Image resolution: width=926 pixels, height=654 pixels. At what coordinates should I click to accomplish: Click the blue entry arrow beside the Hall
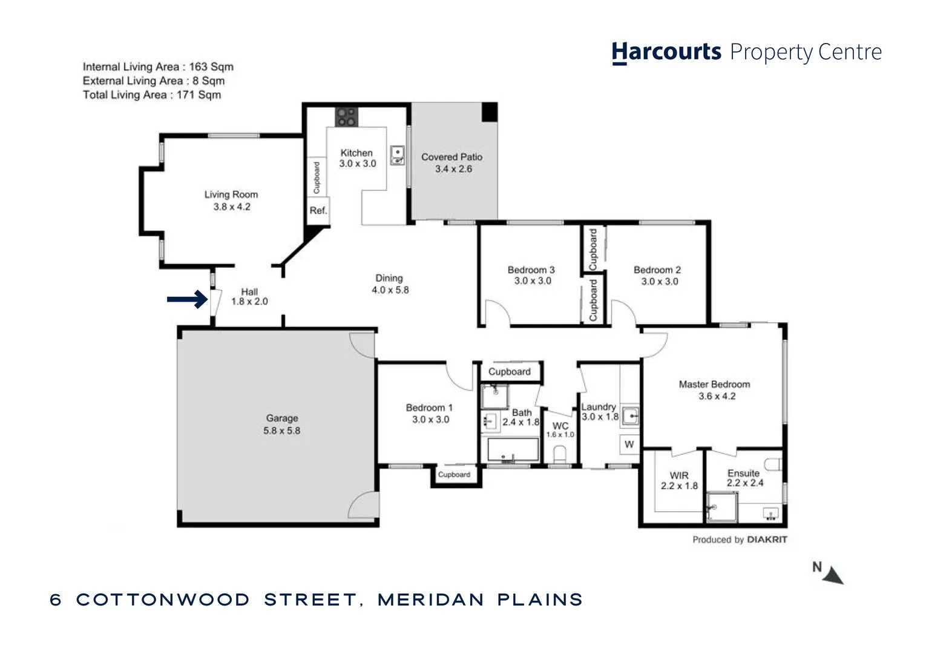187,299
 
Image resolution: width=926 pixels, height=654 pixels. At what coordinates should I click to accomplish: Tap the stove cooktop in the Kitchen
346,117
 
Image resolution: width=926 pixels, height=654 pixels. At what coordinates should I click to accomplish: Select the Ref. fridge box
318,211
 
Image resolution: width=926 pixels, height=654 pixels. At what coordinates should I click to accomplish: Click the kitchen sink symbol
397,156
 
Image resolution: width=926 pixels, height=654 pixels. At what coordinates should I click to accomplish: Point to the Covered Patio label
452,157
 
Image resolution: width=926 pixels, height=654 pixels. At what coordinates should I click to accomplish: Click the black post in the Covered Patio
489,112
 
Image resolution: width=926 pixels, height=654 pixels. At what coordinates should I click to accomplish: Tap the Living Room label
231,194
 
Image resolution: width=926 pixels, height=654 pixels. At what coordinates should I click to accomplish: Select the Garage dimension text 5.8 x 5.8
281,431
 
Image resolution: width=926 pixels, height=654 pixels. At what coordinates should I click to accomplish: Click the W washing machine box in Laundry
629,444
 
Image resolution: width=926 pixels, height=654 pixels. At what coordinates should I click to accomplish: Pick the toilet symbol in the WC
560,455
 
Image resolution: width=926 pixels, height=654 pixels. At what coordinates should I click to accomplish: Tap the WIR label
678,475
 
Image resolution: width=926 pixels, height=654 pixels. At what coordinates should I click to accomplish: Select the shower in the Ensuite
721,506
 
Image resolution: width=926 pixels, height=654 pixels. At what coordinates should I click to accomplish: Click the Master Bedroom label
714,385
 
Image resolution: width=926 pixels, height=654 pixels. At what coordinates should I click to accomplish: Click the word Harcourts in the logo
666,52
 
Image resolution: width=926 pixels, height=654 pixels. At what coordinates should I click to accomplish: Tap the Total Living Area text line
152,94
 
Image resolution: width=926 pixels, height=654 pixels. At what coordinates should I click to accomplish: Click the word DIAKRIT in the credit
767,540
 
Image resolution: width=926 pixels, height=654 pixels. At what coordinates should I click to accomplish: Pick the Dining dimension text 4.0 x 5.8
390,290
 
